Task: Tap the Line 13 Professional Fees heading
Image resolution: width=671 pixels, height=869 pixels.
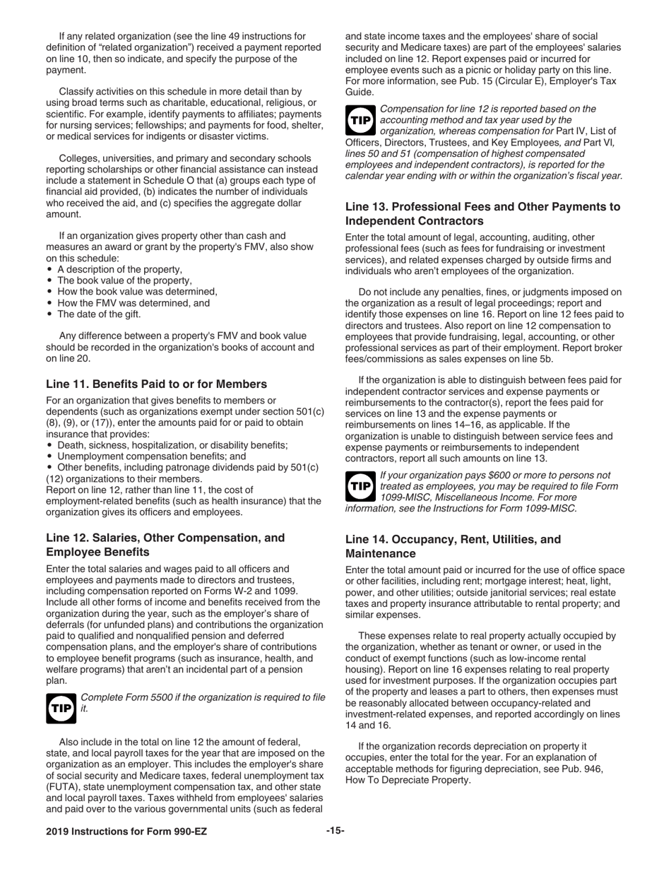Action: tap(482, 213)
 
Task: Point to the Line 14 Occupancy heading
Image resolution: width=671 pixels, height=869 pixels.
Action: tap(453, 546)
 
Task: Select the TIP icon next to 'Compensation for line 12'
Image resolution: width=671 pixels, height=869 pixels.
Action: tap(360, 120)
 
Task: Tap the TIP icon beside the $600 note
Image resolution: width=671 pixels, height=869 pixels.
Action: tap(360, 486)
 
